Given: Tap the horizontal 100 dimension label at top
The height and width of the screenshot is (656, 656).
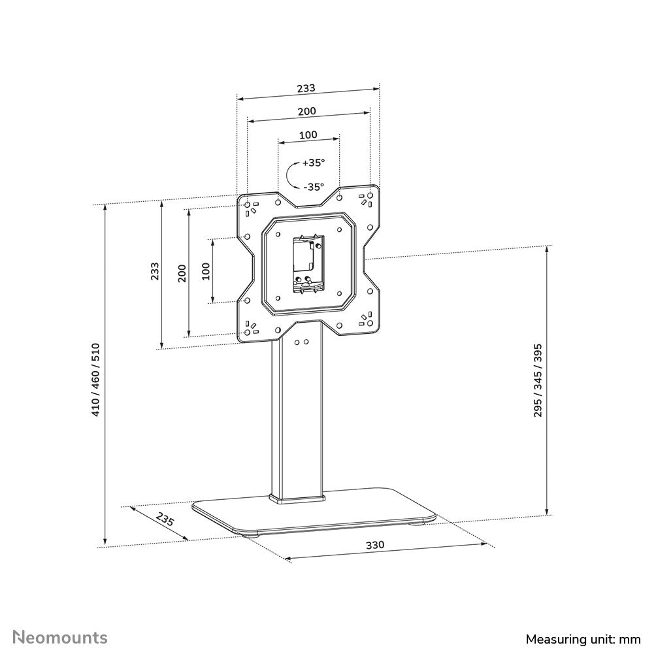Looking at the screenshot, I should (x=308, y=135).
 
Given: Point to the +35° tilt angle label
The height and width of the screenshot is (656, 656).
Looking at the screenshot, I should (x=313, y=163).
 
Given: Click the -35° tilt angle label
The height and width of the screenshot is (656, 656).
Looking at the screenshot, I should (x=313, y=186).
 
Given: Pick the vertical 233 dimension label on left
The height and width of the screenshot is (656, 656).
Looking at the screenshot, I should (x=154, y=271).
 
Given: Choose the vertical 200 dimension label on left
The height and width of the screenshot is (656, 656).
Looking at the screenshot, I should (x=182, y=272).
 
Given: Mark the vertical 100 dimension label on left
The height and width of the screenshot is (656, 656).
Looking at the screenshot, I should (x=206, y=271).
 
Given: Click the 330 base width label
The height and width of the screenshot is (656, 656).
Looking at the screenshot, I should (x=374, y=544).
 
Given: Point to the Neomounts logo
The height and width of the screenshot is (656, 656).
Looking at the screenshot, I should (x=61, y=636).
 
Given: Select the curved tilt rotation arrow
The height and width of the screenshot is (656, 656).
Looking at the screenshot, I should (x=291, y=174).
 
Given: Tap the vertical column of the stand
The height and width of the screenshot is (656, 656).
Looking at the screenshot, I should (x=297, y=418).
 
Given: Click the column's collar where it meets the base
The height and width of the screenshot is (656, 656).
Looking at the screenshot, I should (x=297, y=500).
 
